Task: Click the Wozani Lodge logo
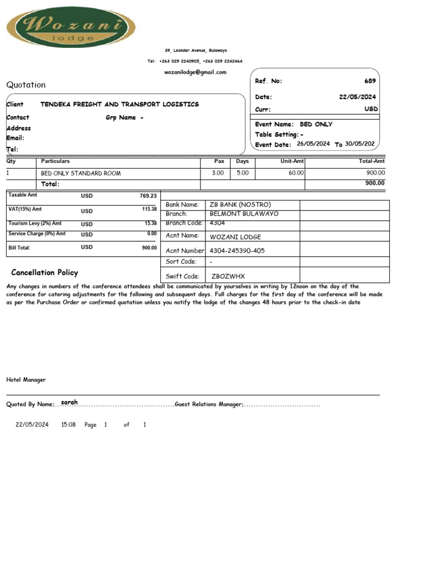pos(70,27)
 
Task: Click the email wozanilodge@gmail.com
pos(195,72)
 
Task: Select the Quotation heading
pos(26,85)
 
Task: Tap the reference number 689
pos(370,81)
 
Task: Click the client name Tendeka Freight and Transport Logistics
pos(120,104)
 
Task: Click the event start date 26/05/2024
pos(313,144)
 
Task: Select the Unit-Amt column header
pos(292,161)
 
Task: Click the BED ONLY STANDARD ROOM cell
pos(81,173)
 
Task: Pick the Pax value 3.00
pos(218,173)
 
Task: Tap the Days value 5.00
pos(242,173)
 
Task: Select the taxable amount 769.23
pos(148,196)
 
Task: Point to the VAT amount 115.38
pos(149,209)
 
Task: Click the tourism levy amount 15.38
pos(150,223)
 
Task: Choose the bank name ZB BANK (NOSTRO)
pos(240,204)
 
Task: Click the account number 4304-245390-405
pos(237,251)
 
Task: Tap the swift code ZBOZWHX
pos(228,276)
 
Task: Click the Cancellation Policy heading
pos(45,273)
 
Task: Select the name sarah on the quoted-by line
pos(69,403)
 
